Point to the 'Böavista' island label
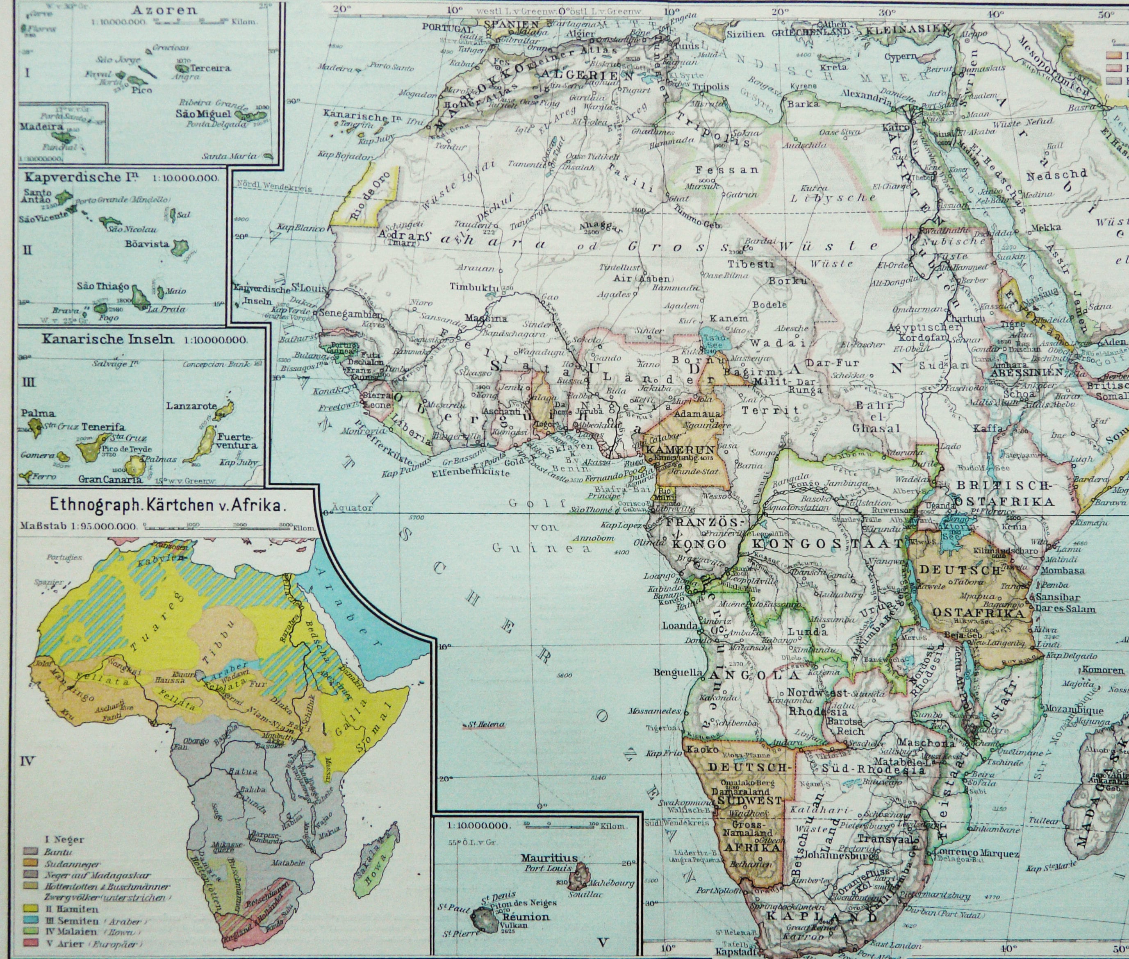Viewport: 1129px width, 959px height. pos(147,244)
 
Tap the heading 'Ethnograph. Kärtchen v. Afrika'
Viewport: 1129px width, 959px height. pos(166,504)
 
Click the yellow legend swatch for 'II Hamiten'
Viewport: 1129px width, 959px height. pos(30,909)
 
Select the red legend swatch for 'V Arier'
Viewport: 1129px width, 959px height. pos(30,944)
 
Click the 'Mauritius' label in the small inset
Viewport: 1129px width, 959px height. pos(549,858)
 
